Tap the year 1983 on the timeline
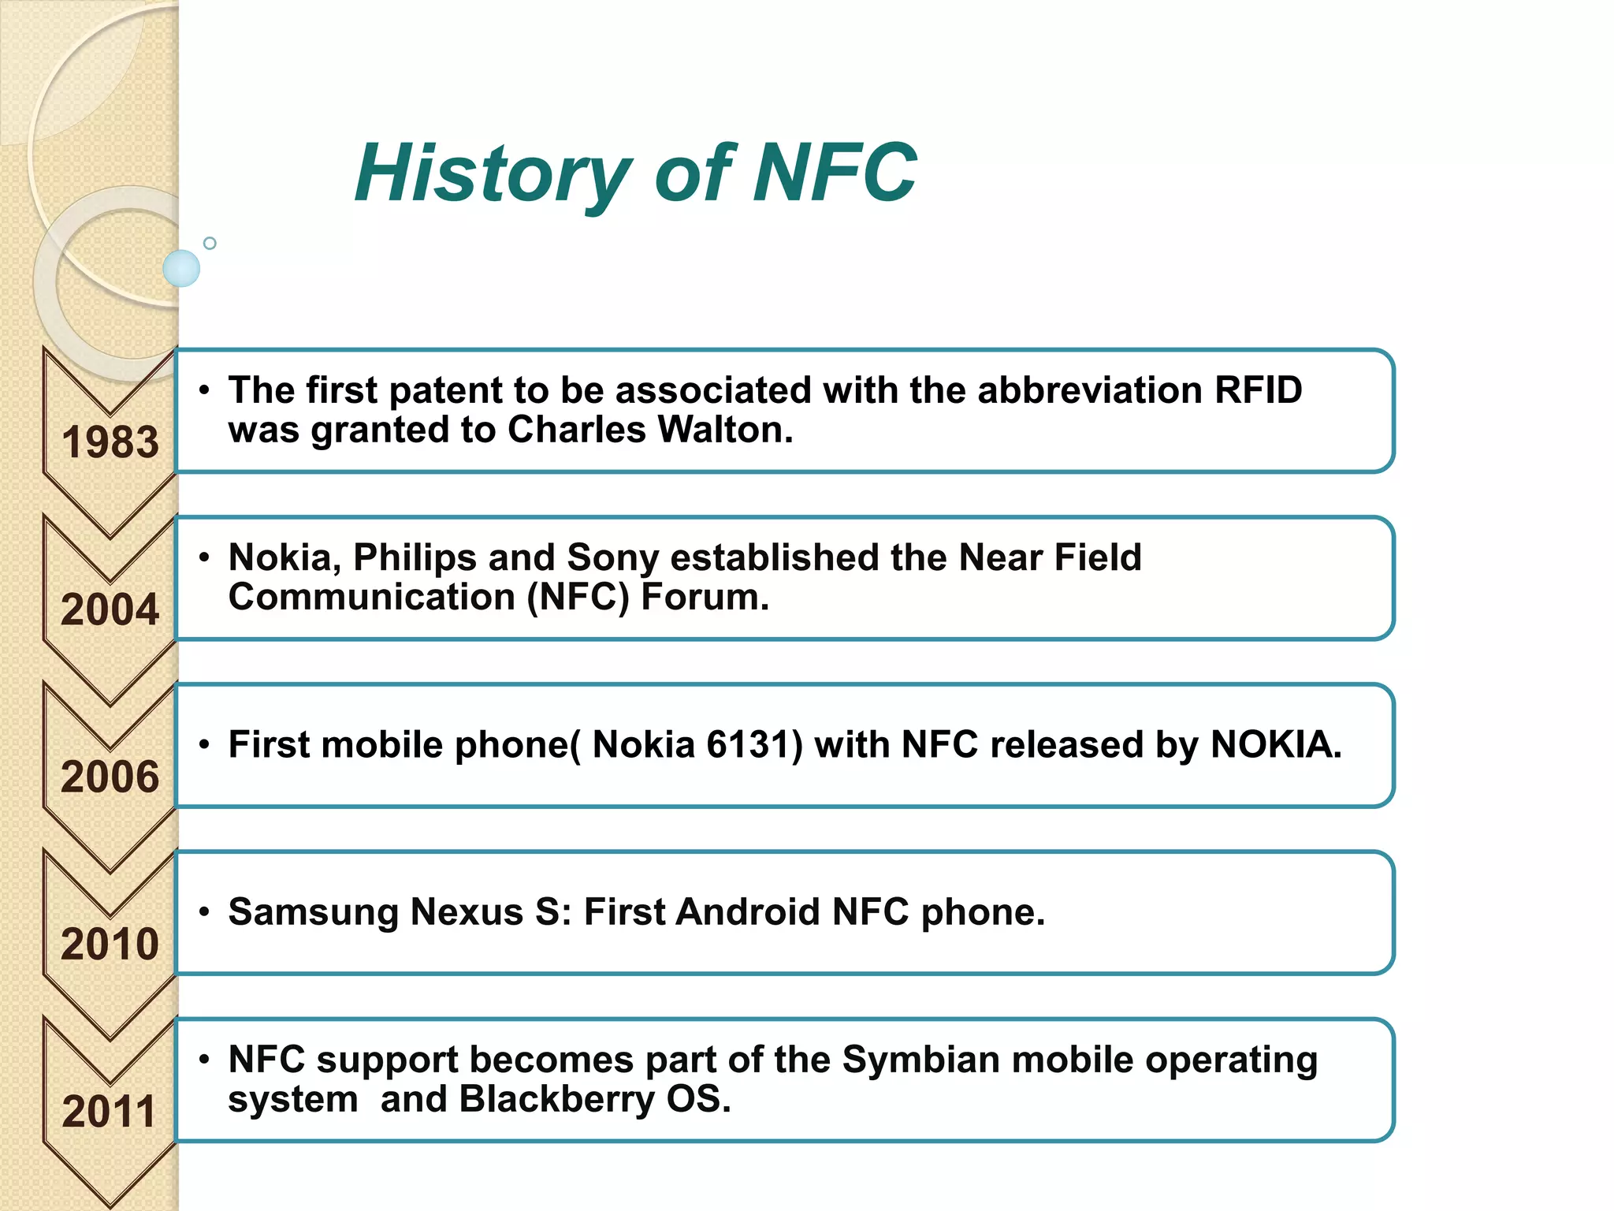110,442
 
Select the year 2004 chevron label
110,609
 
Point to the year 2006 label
110,777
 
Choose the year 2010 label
110,944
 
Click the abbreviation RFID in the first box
1258,390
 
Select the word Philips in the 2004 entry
415,557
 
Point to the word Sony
612,557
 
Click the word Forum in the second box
704,597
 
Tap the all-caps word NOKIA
1275,744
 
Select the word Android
748,912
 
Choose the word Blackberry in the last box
556,1099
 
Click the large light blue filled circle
181,268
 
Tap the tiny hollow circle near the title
210,243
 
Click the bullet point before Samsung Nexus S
204,912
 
